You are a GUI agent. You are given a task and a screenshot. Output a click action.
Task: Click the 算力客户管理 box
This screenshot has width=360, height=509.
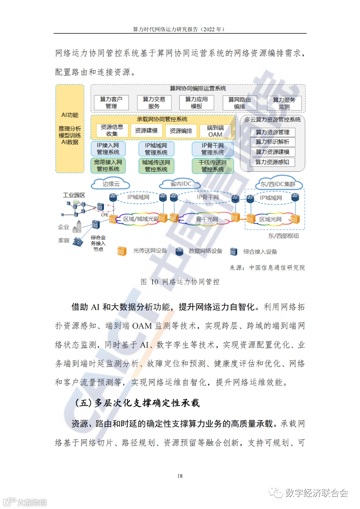(111, 103)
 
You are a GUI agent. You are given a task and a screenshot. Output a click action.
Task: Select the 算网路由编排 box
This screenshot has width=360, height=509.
(240, 103)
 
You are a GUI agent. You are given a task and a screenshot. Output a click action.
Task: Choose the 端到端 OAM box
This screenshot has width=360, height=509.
(215, 131)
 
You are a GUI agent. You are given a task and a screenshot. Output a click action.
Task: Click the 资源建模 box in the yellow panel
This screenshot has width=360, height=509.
(146, 131)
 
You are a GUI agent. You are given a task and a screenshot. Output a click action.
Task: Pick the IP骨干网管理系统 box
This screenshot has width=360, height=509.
(212, 149)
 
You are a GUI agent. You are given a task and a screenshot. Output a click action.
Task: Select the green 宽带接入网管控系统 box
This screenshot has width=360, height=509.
(108, 166)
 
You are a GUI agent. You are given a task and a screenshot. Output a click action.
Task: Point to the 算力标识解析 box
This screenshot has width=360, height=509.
(272, 142)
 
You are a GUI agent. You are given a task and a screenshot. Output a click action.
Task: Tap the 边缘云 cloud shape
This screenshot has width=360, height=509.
(111, 184)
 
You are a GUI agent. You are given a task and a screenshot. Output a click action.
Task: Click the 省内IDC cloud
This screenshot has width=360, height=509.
(181, 184)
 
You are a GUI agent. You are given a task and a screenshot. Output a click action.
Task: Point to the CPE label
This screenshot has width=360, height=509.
(104, 215)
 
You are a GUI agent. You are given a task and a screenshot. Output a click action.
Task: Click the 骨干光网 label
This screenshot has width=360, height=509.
(207, 219)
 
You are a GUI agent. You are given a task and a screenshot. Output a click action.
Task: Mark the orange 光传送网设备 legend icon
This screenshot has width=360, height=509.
(121, 251)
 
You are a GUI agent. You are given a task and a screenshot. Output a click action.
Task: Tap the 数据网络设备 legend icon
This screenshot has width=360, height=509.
(179, 251)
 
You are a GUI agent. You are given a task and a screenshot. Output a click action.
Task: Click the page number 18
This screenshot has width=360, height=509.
(180, 476)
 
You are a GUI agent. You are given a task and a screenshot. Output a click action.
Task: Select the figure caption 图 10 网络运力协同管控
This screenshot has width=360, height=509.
(180, 282)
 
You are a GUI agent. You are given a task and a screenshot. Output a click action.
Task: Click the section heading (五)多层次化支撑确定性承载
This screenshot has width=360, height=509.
(137, 403)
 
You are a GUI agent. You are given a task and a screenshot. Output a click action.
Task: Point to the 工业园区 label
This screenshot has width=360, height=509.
(74, 195)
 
